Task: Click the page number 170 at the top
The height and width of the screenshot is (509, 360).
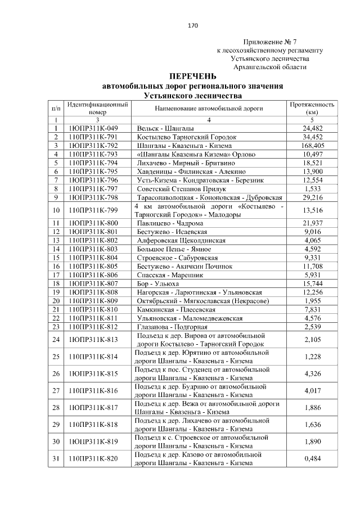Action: coord(193,25)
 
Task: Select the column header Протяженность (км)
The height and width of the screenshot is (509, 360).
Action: coord(312,108)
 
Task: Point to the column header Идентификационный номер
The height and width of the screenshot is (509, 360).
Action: coord(97,108)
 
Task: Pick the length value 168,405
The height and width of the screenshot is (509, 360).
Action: coord(312,145)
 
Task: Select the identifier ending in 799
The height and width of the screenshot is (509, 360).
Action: coord(93,210)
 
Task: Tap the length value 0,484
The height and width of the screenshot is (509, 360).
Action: coord(312,458)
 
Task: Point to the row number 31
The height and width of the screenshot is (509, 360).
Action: coord(56,458)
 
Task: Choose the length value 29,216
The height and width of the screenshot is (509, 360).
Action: coord(312,197)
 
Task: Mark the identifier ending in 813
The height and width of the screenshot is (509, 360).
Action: coord(93,339)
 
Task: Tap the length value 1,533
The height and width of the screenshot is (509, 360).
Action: coord(312,188)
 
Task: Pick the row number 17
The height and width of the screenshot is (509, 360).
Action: coord(56,275)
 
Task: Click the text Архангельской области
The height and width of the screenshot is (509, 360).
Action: coord(270,67)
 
